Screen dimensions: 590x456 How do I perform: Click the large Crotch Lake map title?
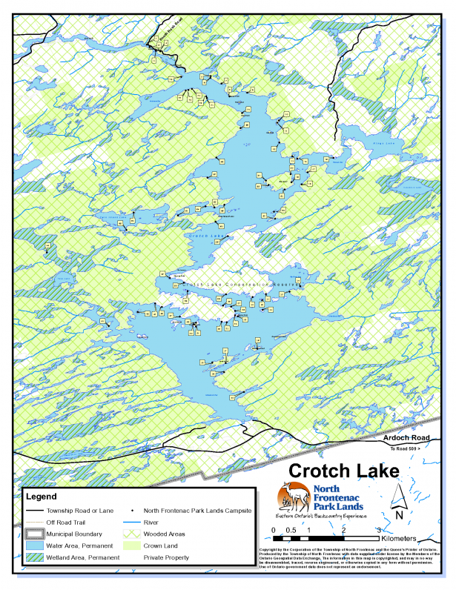coord(343,471)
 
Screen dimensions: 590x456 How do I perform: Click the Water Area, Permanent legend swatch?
coord(34,545)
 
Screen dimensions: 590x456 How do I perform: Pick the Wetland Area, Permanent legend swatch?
coord(34,557)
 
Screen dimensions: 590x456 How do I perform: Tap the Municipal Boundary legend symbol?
coord(34,534)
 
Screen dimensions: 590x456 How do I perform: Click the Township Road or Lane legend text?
coord(80,511)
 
